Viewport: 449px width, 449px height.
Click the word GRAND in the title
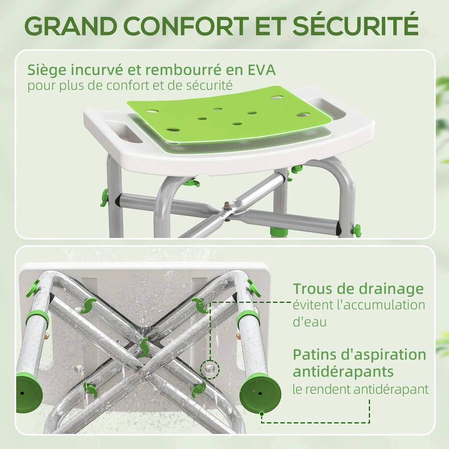coord(71,26)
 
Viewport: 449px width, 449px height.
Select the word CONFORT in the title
coord(186,26)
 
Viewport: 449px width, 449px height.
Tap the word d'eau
coord(309,322)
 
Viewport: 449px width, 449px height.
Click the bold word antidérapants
coord(343,372)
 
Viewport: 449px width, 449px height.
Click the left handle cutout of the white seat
coord(123,132)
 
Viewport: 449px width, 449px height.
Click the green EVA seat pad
coord(228,114)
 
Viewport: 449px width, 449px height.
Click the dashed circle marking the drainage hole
coord(210,370)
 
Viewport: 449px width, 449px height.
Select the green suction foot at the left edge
coord(29,392)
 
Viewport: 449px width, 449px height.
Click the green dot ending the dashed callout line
coord(261,413)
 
